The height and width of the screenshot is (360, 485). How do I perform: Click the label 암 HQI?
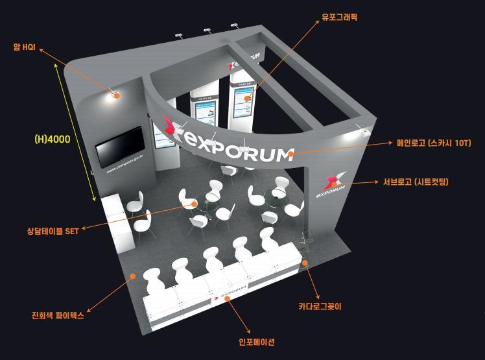tap(24, 47)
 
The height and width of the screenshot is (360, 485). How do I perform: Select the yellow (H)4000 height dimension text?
tap(52, 139)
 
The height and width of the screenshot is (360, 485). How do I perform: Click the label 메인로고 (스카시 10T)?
tap(433, 143)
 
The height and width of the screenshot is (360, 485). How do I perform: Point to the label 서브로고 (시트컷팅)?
tap(416, 182)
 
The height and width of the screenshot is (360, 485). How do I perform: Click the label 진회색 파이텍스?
tap(58, 317)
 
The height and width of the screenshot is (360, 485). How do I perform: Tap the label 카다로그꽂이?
tap(320, 306)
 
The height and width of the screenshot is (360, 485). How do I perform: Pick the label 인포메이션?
tap(257, 342)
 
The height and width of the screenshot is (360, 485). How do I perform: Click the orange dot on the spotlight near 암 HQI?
tap(117, 96)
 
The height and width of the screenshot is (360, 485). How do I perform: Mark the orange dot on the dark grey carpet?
tap(133, 276)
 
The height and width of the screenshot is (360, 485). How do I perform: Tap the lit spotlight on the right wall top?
tap(361, 132)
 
